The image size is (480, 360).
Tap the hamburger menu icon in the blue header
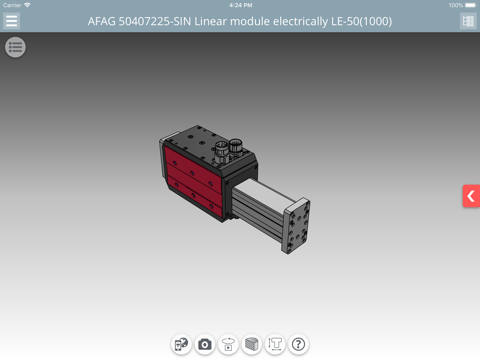click(12, 21)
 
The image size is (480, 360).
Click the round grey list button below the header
click(15, 47)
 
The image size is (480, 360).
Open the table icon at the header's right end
click(467, 21)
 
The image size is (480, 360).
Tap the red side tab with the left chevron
click(471, 196)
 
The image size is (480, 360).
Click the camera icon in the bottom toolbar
click(205, 344)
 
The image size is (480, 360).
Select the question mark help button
click(298, 344)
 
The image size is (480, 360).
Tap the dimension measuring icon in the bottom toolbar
click(275, 344)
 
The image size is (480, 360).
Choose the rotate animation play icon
click(228, 344)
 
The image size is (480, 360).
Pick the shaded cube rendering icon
click(252, 344)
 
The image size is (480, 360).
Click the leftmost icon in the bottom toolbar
click(181, 344)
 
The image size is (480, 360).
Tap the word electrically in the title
click(298, 21)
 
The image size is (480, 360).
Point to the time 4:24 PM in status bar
click(240, 5)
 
